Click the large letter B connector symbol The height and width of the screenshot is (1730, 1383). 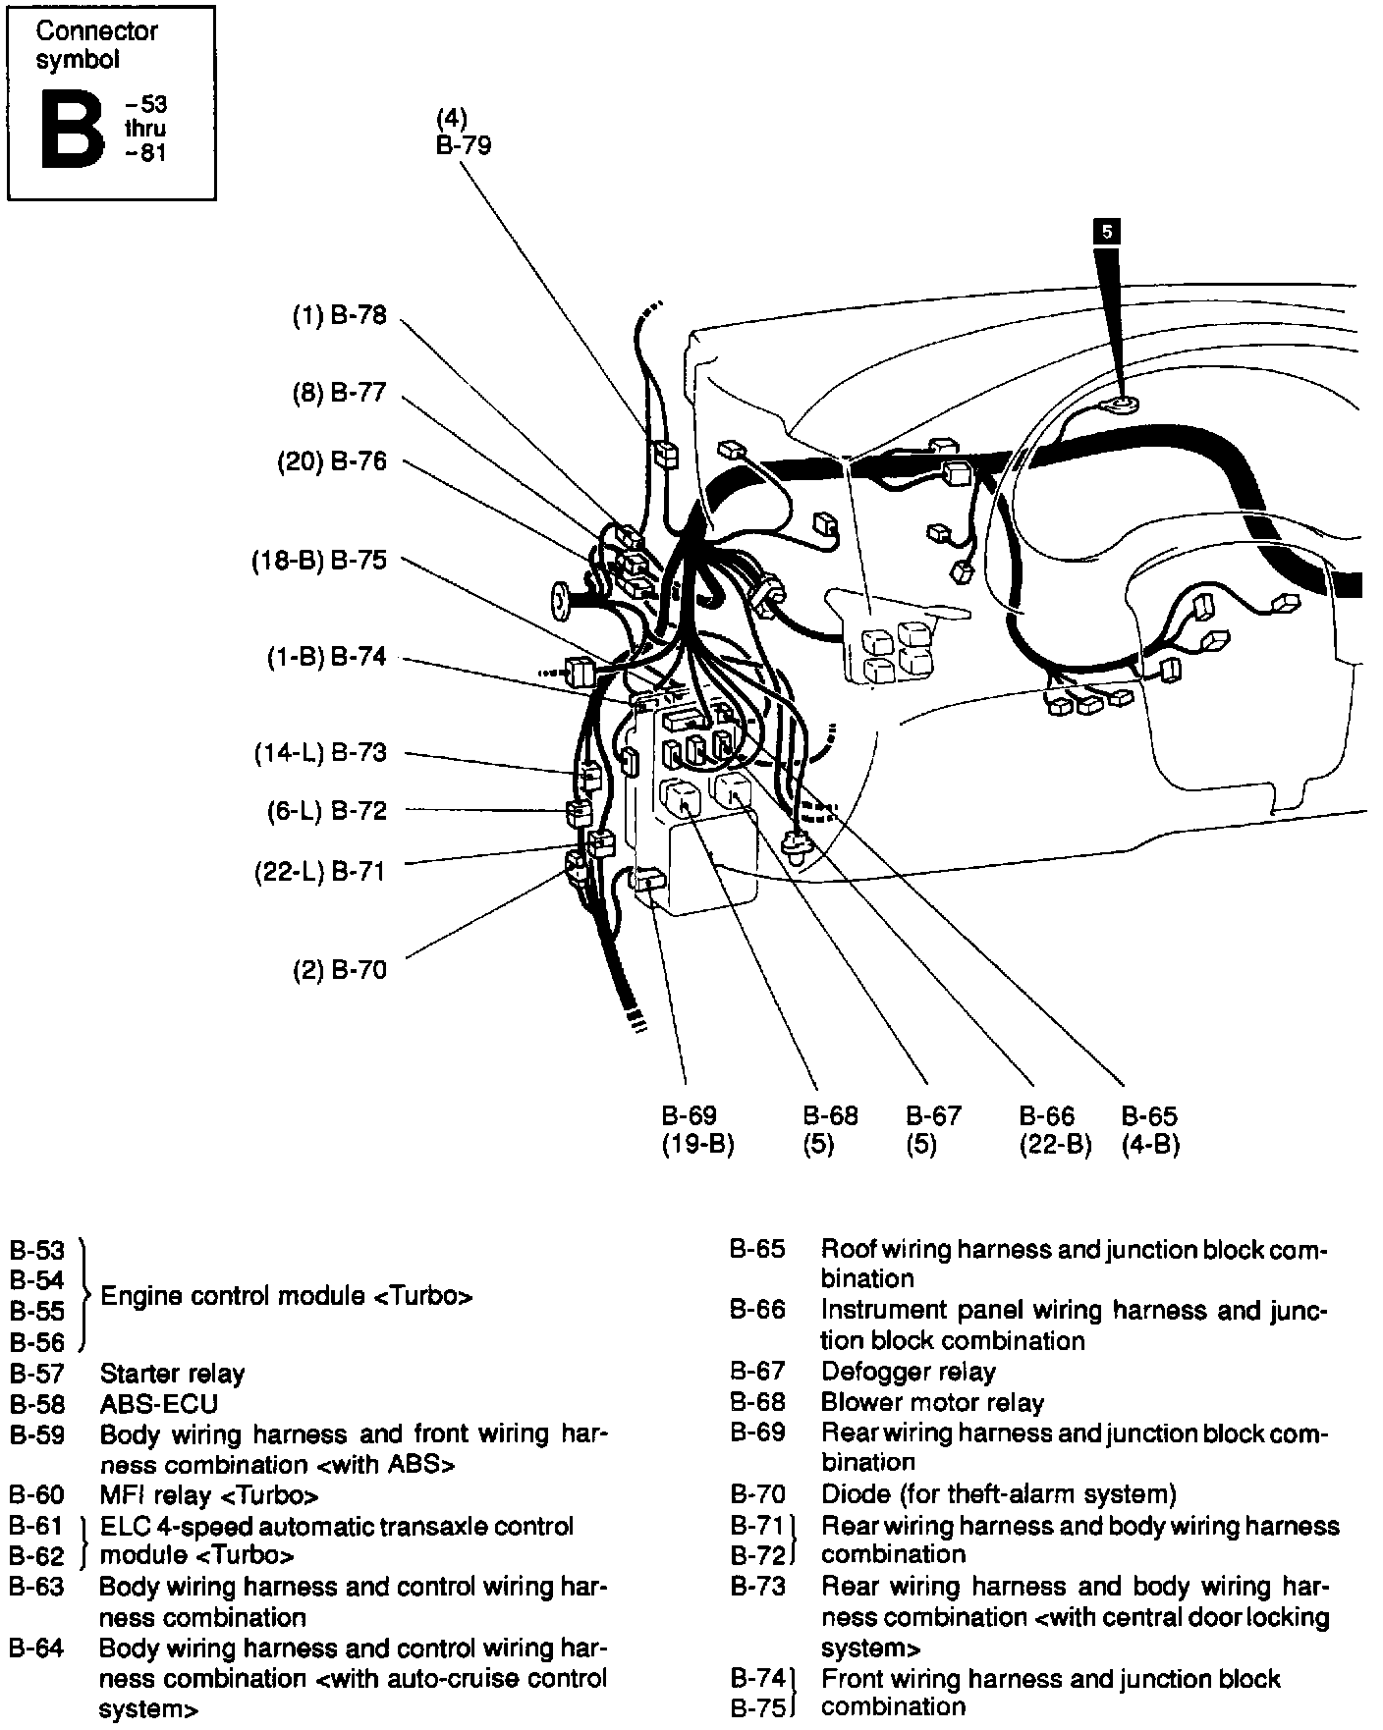coord(72,127)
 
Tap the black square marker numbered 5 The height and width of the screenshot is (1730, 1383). coord(1107,232)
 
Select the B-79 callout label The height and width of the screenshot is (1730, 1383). coord(464,145)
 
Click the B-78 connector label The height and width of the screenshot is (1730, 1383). coord(340,316)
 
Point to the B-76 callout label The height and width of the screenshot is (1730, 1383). coord(332,461)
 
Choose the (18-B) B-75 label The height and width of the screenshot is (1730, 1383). coord(318,560)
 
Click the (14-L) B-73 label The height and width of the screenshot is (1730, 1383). coord(320,753)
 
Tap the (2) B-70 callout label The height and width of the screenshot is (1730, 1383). coord(340,970)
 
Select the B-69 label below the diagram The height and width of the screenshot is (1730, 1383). coord(689,1116)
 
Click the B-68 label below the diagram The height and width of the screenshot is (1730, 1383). coord(830,1116)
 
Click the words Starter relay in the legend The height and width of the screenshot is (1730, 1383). coord(172,1373)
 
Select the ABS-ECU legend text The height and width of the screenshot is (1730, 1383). coord(159,1404)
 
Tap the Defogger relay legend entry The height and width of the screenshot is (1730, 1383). coord(908,1372)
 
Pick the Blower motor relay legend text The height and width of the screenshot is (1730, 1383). coord(932,1403)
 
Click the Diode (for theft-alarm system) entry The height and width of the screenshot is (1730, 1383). coord(998,1494)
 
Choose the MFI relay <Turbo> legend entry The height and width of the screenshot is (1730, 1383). coord(209,1495)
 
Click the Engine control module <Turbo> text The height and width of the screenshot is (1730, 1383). coord(287,1296)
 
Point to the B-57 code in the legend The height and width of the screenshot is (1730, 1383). coord(37,1373)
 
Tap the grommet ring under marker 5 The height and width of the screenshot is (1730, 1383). coord(1121,402)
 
